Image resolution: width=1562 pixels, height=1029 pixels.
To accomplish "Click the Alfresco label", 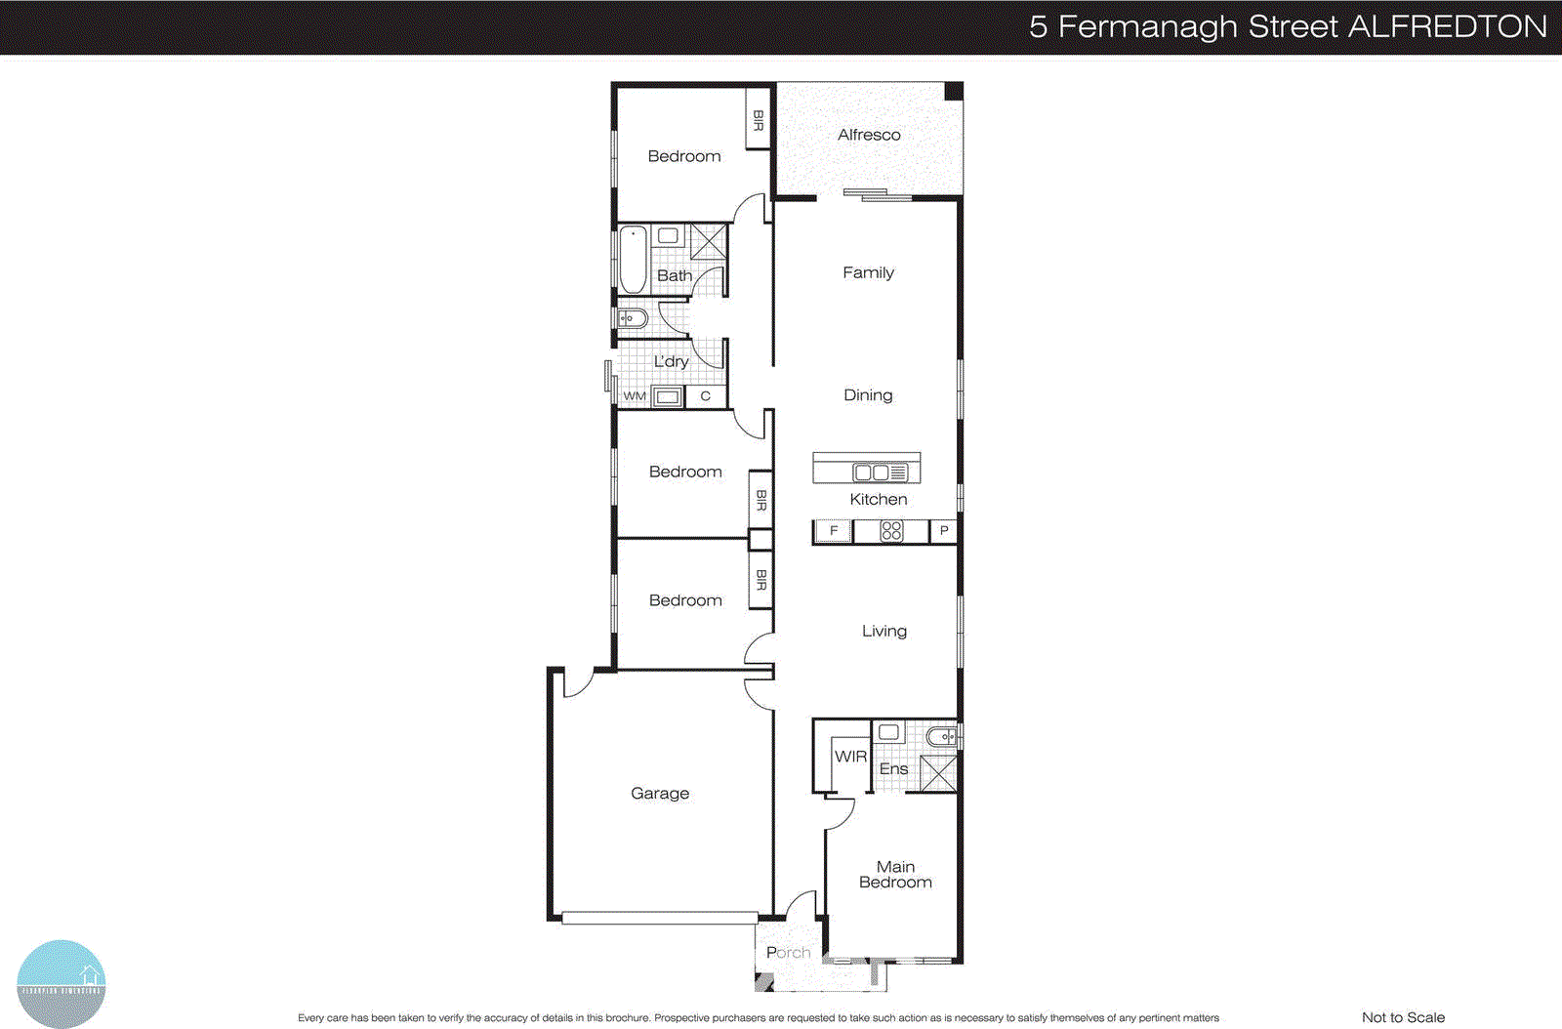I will (869, 135).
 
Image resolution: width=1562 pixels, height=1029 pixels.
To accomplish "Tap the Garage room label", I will (660, 793).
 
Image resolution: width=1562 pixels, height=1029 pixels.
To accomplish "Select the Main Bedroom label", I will (895, 874).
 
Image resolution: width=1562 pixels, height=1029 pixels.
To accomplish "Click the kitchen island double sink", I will (871, 473).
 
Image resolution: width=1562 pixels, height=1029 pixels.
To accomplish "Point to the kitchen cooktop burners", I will (891, 531).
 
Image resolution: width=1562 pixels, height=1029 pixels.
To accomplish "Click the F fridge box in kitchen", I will (833, 531).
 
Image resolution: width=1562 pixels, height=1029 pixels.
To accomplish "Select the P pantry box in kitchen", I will (943, 531).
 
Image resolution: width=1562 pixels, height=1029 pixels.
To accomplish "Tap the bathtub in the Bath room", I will (634, 260).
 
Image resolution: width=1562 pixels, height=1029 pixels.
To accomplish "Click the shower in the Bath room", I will (709, 241).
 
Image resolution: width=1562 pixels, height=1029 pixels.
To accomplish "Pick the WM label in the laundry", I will (635, 396).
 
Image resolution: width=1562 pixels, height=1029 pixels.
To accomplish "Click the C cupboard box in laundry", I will (705, 396).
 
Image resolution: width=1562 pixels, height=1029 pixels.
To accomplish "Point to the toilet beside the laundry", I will (632, 318).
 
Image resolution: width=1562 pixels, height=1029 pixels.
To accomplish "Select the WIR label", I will (850, 757).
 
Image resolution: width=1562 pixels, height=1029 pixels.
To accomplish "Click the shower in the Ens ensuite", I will (939, 773).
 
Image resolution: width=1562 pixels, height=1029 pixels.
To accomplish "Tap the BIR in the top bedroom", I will (759, 120).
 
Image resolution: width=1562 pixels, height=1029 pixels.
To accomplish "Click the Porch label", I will (788, 952).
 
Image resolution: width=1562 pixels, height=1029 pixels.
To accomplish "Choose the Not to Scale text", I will (1403, 1017).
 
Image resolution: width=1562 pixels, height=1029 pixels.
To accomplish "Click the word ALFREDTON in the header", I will (1447, 26).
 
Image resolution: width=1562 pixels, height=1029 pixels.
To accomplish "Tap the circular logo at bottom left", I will (61, 983).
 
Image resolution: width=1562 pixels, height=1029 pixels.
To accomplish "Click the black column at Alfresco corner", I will (954, 91).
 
